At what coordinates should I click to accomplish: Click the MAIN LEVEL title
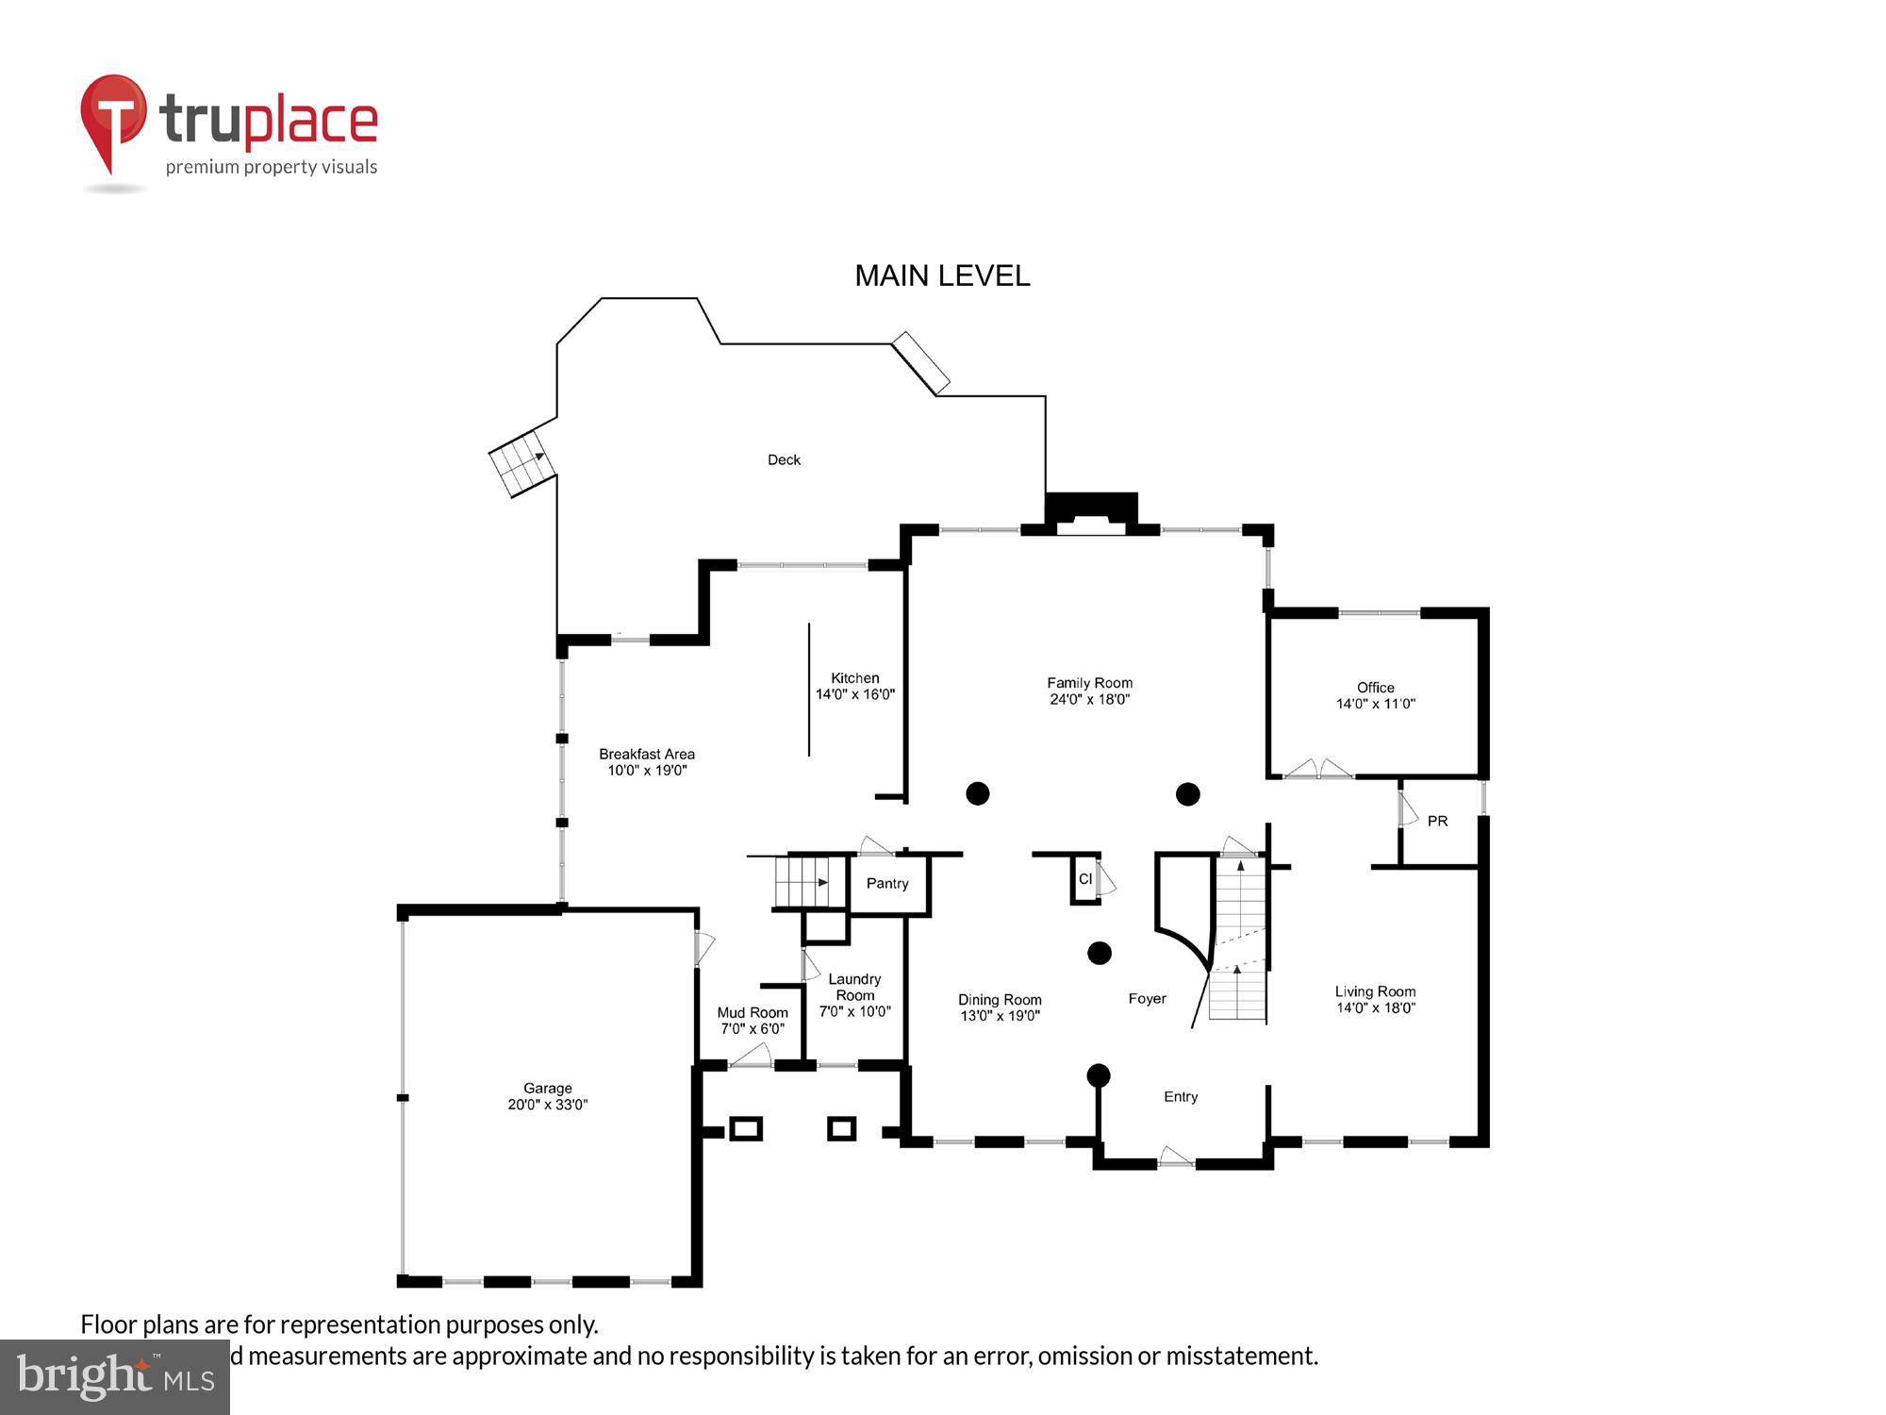pyautogui.click(x=942, y=275)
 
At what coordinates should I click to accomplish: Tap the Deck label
pyautogui.click(x=784, y=459)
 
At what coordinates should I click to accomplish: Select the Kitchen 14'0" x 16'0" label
pyautogui.click(x=854, y=686)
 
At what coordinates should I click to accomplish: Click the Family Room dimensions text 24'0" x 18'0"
pyautogui.click(x=1089, y=699)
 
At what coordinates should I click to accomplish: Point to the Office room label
pyautogui.click(x=1375, y=688)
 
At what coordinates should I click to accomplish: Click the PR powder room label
pyautogui.click(x=1437, y=821)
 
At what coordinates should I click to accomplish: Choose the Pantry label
pyautogui.click(x=886, y=883)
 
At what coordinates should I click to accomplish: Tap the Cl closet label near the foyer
pyautogui.click(x=1084, y=878)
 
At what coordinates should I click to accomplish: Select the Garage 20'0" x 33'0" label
pyautogui.click(x=548, y=1096)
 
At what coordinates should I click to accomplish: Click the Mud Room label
pyautogui.click(x=753, y=1012)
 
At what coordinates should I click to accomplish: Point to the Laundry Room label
pyautogui.click(x=854, y=987)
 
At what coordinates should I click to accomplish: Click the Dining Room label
pyautogui.click(x=1000, y=1000)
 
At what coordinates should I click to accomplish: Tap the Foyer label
pyautogui.click(x=1147, y=998)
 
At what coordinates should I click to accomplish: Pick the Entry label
pyautogui.click(x=1181, y=1096)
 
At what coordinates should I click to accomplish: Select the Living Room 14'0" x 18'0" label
pyautogui.click(x=1375, y=999)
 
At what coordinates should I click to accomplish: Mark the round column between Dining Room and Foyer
pyautogui.click(x=1100, y=953)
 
